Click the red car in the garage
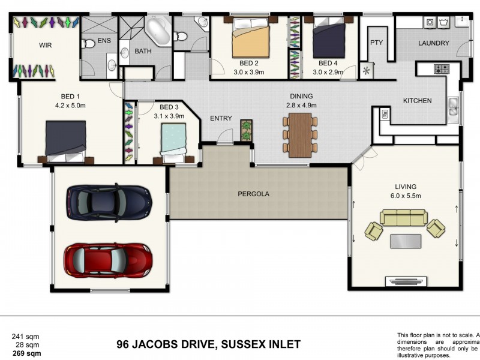point(109,259)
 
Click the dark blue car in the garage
point(109,202)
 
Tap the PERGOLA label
point(254,194)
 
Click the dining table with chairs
point(300,134)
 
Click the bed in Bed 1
point(66,141)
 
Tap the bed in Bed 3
point(177,144)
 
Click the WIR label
point(46,45)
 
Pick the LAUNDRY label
point(433,43)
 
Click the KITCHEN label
point(417,101)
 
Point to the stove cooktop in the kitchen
point(442,69)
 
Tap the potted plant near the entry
point(246,130)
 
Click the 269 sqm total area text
point(27,354)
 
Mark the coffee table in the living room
point(405,241)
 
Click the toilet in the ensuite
point(89,43)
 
